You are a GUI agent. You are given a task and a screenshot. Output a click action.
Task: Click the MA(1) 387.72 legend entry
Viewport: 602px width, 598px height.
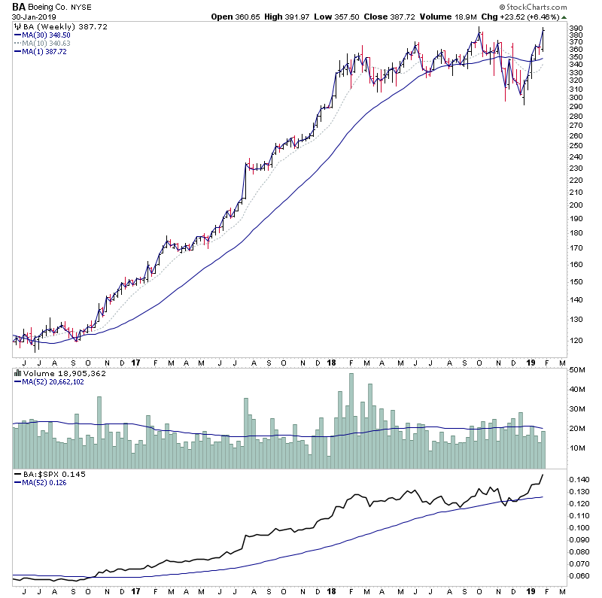(47, 51)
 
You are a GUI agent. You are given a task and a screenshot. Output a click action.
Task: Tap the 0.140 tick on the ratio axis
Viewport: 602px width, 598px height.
(578, 480)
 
